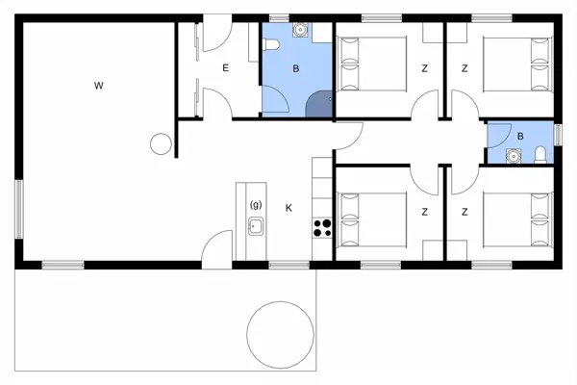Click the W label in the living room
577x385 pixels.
coord(98,87)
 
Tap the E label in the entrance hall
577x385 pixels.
coord(226,67)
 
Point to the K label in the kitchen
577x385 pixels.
coord(288,207)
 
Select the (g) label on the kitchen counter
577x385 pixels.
coord(256,205)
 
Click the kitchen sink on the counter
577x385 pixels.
coord(256,227)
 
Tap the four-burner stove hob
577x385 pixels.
coord(321,228)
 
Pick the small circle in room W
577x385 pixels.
coord(161,144)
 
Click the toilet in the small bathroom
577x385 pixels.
coord(540,154)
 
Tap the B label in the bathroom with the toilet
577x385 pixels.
coord(520,136)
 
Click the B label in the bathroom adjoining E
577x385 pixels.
coord(296,67)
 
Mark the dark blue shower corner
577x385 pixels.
coord(319,105)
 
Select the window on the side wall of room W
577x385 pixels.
coord(17,205)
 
